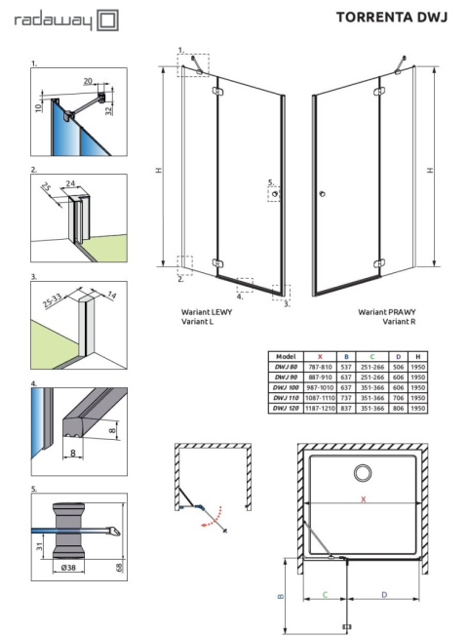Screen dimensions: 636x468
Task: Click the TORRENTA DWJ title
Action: point(391,17)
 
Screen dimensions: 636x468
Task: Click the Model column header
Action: point(286,357)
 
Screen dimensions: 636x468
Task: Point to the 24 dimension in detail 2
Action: point(71,181)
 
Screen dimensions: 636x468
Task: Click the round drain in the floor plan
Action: point(364,473)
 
